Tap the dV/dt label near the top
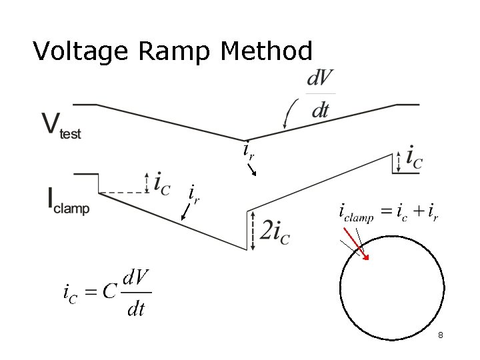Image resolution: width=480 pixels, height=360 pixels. (x=320, y=95)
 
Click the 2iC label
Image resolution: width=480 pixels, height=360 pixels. (x=275, y=231)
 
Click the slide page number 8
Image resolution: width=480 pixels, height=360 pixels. (x=441, y=335)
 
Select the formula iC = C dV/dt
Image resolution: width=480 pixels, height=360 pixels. (x=107, y=292)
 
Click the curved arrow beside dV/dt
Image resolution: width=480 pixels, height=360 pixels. (x=290, y=113)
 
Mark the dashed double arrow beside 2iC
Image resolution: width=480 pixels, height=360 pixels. (x=253, y=231)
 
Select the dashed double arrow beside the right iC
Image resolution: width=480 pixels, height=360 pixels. (x=399, y=161)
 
